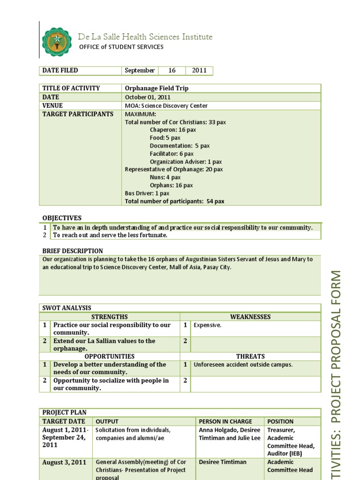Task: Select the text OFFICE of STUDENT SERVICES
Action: tap(121, 47)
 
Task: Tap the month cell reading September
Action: tap(139, 70)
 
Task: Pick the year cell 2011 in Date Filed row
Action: tap(199, 70)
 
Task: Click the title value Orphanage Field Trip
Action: tap(157, 88)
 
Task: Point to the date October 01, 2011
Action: tap(148, 97)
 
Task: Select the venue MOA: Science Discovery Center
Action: tap(166, 106)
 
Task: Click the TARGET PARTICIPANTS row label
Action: tap(78, 114)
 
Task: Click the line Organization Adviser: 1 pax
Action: tap(186, 162)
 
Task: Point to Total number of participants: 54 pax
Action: tap(174, 201)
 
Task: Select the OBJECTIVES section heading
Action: tap(62, 218)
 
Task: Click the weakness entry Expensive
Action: tap(207, 325)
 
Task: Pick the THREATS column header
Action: tap(250, 356)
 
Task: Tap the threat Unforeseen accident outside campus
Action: tap(243, 365)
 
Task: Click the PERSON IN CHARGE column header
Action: tap(225, 421)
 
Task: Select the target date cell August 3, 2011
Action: tap(64, 462)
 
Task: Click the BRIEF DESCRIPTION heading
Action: tap(73, 251)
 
